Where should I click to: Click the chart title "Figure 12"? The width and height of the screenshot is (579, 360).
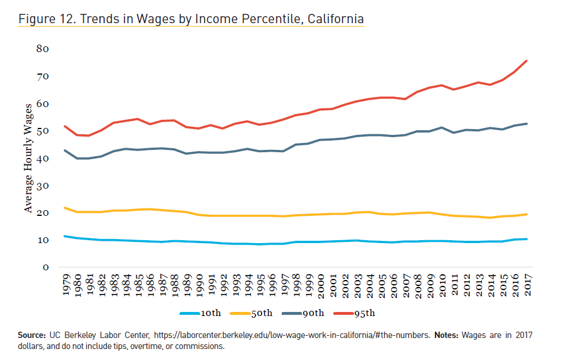tap(191, 19)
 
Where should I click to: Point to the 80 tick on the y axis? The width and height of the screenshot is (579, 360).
tap(42, 49)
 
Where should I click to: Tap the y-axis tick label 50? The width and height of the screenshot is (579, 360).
tap(42, 131)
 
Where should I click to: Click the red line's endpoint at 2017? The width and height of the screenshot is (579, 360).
tap(526, 60)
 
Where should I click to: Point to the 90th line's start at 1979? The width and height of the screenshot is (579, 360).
tap(65, 150)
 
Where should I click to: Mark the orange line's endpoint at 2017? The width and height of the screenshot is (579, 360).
tap(526, 214)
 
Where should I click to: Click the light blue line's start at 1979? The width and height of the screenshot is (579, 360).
tap(65, 236)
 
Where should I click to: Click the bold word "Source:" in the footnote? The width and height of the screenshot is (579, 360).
tap(31, 335)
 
